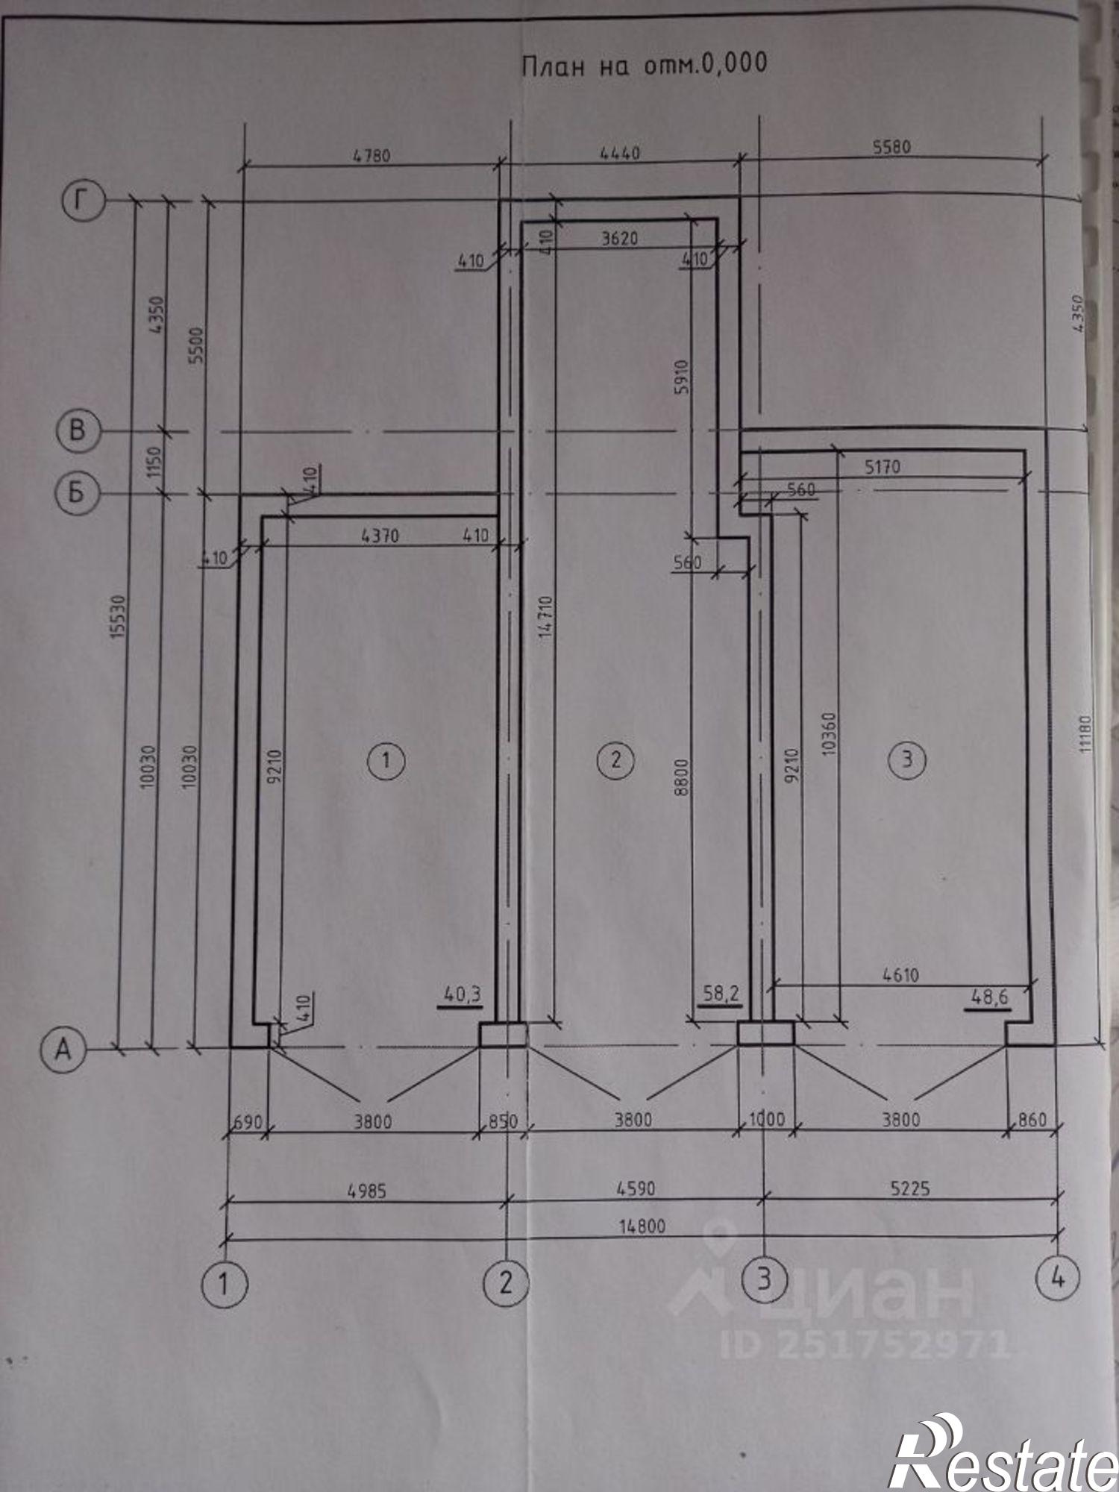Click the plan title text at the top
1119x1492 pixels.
(644, 66)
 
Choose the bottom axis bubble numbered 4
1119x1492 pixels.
(1057, 1280)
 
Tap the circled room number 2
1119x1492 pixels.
(616, 759)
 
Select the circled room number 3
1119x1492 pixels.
(907, 759)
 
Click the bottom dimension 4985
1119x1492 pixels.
(368, 1191)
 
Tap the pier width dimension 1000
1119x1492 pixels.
(766, 1120)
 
